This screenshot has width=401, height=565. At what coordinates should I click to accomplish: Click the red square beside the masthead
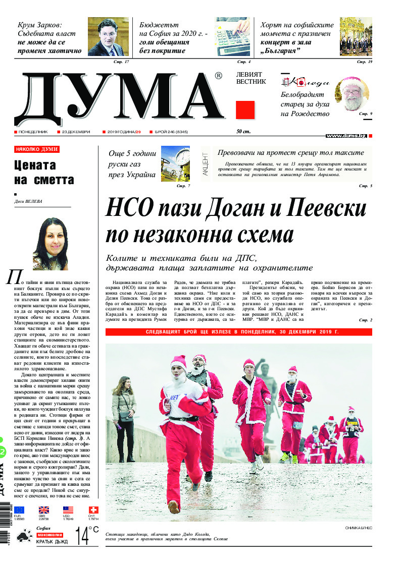pyautogui.click(x=245, y=109)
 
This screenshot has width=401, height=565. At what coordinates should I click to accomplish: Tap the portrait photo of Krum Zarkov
pyautogui.click(x=108, y=36)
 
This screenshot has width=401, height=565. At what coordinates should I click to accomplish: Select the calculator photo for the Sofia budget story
pyautogui.click(x=233, y=36)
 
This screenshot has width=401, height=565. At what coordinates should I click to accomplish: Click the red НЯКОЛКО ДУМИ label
pyautogui.click(x=37, y=149)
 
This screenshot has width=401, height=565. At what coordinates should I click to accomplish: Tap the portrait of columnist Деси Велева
pyautogui.click(x=50, y=244)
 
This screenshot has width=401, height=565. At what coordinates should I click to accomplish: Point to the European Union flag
pyautogui.click(x=19, y=510)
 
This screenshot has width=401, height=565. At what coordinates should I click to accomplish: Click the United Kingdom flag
pyautogui.click(x=44, y=510)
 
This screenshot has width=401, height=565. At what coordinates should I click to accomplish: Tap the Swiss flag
pyautogui.click(x=93, y=510)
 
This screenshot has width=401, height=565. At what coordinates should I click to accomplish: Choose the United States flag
pyautogui.click(x=68, y=510)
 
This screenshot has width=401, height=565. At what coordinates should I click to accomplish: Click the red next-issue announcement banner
pyautogui.click(x=238, y=332)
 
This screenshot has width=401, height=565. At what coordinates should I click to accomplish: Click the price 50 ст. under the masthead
pyautogui.click(x=243, y=132)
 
